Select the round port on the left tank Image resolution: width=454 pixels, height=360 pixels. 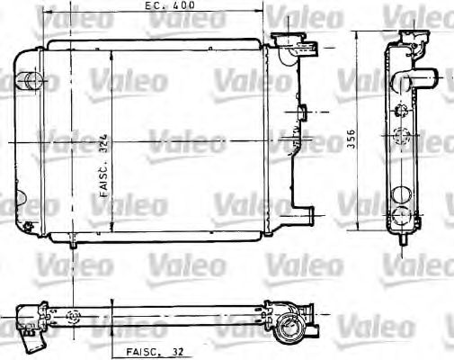coord(33,82)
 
